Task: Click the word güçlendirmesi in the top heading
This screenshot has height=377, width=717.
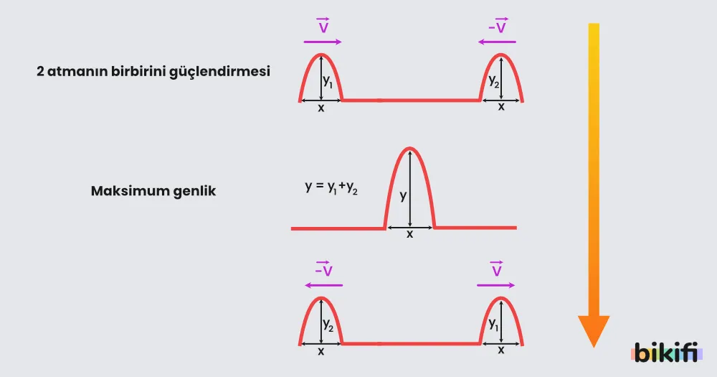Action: (219, 72)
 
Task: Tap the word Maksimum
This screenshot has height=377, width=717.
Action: (123, 190)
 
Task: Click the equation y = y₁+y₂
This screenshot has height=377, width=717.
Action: (331, 187)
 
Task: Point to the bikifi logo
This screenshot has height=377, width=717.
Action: (666, 353)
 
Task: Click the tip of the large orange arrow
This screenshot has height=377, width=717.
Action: (594, 348)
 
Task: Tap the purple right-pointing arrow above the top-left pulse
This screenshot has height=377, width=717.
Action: (323, 42)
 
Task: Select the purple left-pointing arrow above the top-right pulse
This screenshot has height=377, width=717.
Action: (497, 42)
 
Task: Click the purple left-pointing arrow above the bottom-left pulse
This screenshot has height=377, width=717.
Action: (324, 285)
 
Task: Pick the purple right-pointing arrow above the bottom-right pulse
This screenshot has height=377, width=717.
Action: (495, 285)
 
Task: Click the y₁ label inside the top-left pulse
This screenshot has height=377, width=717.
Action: (328, 81)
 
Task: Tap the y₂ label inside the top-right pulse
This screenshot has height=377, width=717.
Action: (494, 81)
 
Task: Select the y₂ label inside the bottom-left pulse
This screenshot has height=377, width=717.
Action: (328, 325)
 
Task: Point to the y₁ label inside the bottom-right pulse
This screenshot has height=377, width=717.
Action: (494, 325)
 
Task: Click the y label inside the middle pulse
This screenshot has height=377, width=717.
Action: (403, 197)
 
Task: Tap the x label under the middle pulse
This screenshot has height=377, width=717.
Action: (409, 235)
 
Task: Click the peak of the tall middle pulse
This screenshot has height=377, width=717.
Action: (409, 148)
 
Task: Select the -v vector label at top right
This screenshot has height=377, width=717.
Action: (498, 27)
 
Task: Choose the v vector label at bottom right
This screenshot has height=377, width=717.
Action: (497, 269)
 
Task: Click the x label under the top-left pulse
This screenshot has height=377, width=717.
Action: (321, 108)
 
